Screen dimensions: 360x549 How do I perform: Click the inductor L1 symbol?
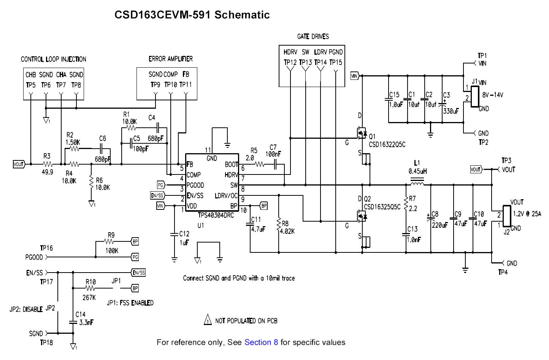(x=418, y=185)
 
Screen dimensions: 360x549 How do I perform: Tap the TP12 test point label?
(x=290, y=62)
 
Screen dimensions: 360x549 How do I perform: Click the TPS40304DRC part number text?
(x=216, y=215)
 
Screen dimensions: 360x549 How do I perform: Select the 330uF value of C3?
(x=451, y=111)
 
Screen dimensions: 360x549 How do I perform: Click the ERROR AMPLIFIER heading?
(x=170, y=59)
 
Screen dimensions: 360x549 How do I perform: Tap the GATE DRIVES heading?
(x=313, y=36)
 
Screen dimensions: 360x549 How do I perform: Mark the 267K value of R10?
(x=89, y=297)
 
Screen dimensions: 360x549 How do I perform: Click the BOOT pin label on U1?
(x=231, y=165)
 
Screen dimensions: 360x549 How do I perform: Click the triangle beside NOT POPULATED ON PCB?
(x=208, y=320)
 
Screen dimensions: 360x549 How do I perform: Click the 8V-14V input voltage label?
(x=492, y=95)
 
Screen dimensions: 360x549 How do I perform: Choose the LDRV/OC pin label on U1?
(x=226, y=196)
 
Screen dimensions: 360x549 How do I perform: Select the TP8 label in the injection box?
(x=76, y=85)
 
